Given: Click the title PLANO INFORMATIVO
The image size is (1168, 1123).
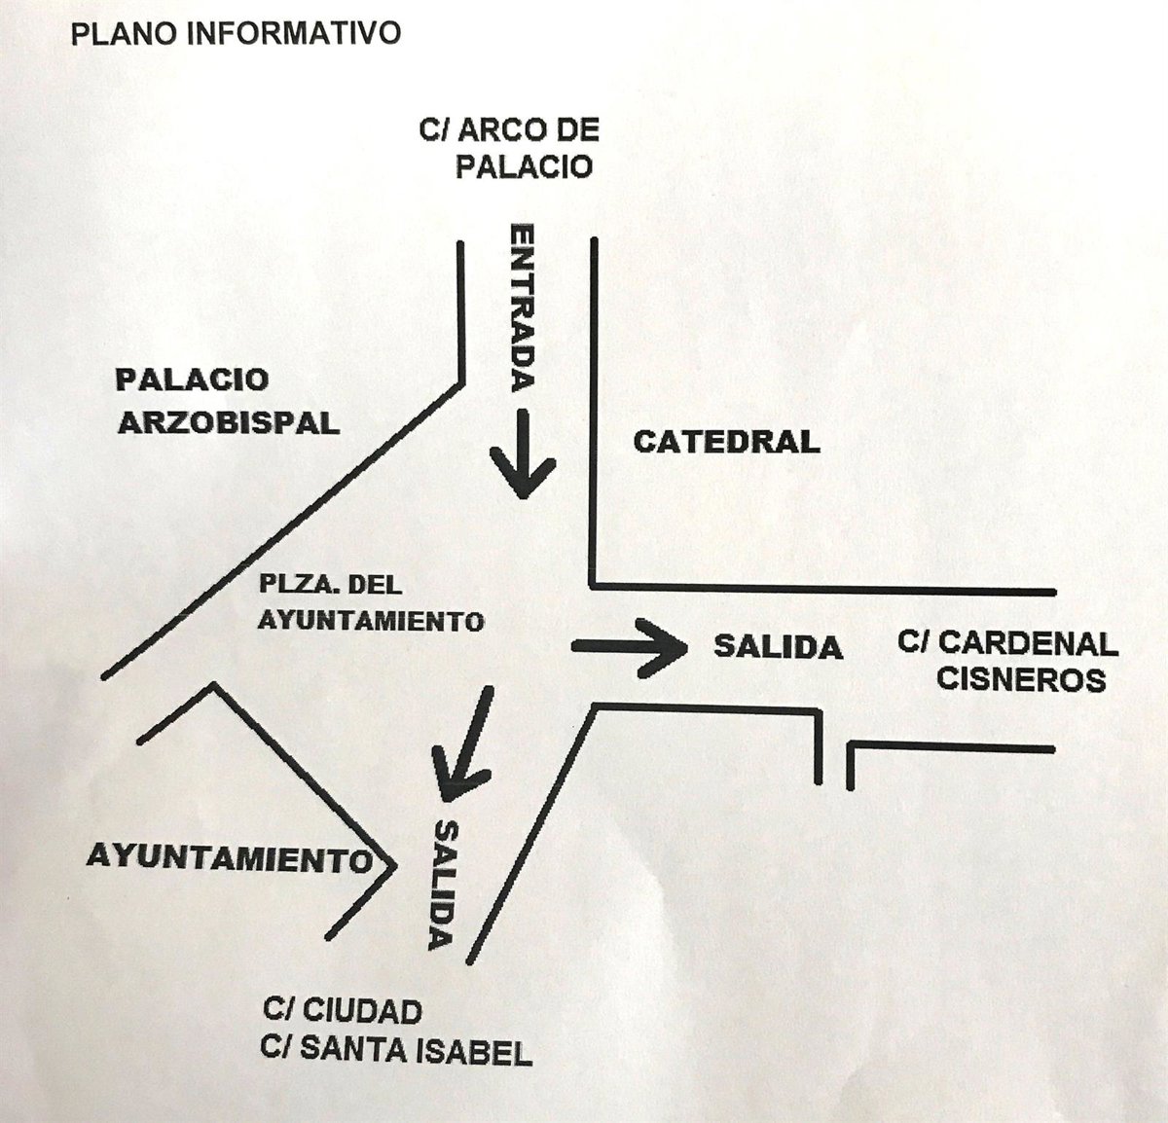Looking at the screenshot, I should point(236,33).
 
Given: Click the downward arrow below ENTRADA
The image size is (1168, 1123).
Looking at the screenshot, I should point(524,453).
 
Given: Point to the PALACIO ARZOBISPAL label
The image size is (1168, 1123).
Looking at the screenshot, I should point(228,400).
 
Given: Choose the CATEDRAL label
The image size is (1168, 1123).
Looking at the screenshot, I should point(726,442).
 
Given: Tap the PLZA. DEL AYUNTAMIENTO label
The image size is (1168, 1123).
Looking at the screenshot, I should point(371,602).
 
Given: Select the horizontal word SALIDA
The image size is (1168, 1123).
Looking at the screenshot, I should point(778,646).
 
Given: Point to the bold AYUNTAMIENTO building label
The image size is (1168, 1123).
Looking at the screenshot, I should point(230,857).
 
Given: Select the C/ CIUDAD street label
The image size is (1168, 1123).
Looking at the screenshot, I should point(342,1011).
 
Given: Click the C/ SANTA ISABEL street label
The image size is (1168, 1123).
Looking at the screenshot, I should point(396,1051).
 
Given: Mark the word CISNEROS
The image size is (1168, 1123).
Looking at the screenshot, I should point(1021,678).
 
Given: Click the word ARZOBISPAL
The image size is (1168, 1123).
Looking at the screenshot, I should point(228,421).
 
